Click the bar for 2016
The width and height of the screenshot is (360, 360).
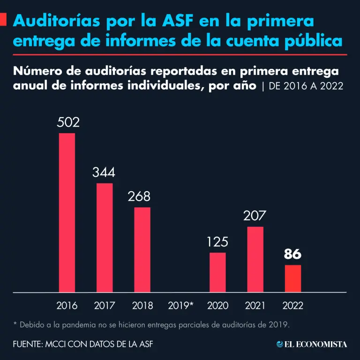click(67, 213)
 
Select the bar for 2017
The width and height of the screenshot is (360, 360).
click(105, 237)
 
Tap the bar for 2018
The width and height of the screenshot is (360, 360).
click(142, 249)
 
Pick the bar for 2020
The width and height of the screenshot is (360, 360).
click(217, 272)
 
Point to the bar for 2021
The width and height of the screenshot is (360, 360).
click(255, 259)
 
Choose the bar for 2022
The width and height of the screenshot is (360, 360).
click(293, 278)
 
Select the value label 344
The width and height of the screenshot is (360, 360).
click(104, 172)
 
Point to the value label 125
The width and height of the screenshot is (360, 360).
click(217, 242)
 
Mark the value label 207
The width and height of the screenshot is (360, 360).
click(255, 216)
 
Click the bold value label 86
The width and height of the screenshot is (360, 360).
click(292, 255)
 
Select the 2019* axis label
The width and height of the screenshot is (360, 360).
click(180, 306)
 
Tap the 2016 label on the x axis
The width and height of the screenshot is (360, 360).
click(67, 306)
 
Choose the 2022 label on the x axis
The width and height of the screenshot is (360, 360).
click(293, 306)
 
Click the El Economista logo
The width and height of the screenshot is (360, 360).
click(312, 345)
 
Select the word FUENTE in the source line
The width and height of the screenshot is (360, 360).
click(28, 345)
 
